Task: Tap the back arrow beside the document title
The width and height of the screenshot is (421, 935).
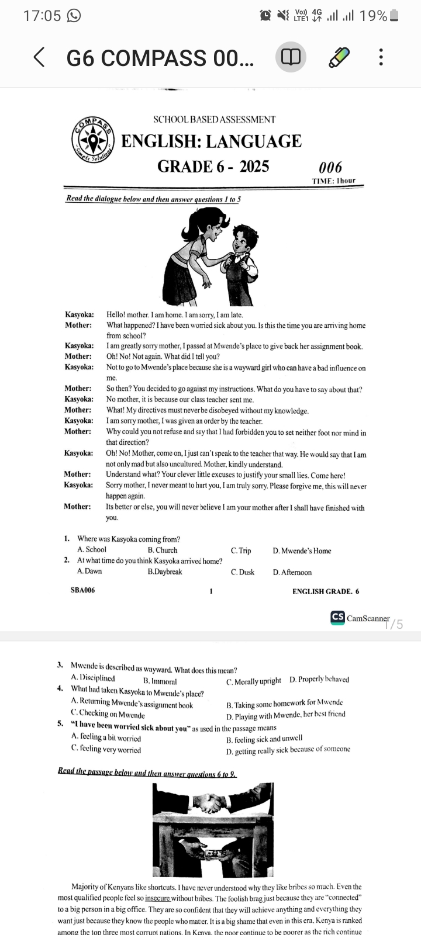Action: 39,57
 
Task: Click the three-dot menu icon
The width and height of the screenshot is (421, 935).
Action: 381,57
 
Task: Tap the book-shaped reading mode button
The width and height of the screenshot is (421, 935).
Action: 291,57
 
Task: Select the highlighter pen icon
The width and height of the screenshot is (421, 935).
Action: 339,57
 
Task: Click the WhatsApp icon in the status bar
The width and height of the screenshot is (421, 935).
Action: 74,16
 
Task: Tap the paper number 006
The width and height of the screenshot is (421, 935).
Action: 330,167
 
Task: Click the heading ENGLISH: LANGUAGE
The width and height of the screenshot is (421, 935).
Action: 211,141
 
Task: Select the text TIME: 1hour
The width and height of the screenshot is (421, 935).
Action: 334,181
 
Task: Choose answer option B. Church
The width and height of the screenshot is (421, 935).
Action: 163,550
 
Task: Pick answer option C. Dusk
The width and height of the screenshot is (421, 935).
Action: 243,573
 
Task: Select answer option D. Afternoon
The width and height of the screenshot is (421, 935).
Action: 292,573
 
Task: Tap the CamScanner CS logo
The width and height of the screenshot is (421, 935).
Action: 337,618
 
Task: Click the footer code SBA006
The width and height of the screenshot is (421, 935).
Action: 82,591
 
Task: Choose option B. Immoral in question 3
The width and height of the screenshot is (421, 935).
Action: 160,681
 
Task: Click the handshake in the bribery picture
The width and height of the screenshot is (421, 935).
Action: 212,802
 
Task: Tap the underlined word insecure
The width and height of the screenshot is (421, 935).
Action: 158,898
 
